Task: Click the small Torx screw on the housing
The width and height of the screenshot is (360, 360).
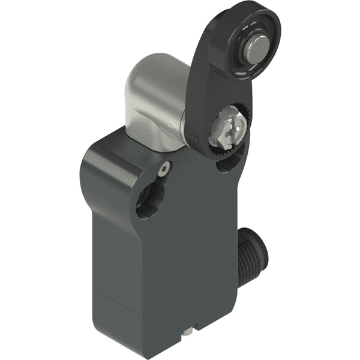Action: (164, 170)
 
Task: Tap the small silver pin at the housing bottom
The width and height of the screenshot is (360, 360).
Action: (190, 331)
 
